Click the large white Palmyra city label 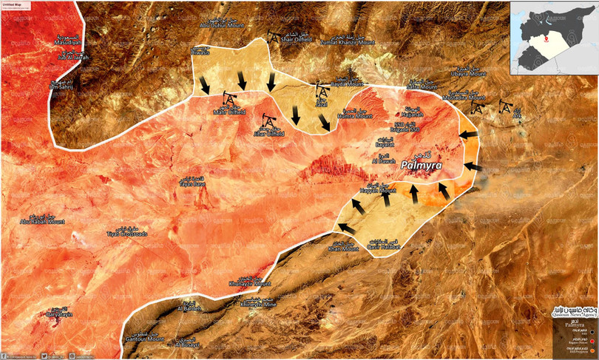point(421,166)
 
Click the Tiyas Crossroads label point(127,234)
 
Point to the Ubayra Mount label point(470,74)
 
